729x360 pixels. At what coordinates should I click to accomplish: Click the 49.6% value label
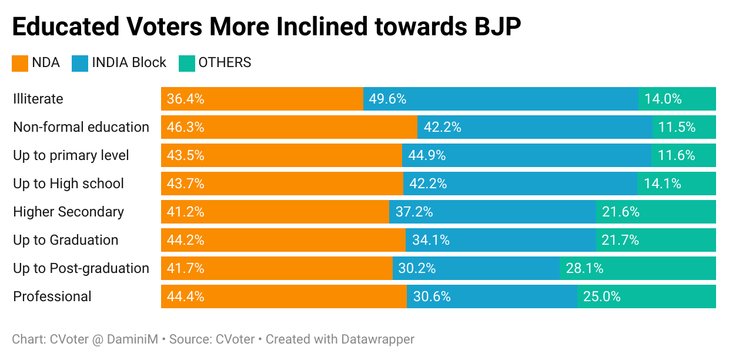pos(387,99)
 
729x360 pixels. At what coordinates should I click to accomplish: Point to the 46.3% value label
pos(185,127)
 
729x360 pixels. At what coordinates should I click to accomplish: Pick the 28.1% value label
pos(584,268)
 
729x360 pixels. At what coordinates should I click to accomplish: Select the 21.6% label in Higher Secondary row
pos(620,212)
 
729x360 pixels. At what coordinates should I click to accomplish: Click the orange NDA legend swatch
pos(20,63)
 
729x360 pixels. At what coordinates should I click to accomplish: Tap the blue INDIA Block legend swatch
pos(80,63)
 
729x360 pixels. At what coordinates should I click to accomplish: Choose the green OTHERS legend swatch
pos(186,63)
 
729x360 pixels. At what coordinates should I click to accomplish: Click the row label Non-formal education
pos(81,127)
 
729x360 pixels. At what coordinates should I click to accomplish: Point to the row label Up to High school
pos(68,184)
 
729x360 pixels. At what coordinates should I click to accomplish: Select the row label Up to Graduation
pos(65,240)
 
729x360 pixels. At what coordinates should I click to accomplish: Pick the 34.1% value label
pos(431,240)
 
